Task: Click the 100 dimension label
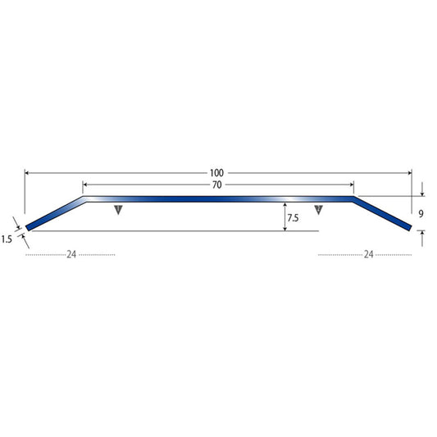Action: [x=216, y=173]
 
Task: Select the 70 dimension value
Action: [x=216, y=184]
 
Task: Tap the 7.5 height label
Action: [x=293, y=218]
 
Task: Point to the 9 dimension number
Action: [x=421, y=214]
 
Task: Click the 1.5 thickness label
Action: [x=7, y=239]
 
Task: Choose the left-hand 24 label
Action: [x=71, y=254]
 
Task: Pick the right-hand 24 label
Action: [x=368, y=254]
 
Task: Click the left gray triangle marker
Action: [x=118, y=210]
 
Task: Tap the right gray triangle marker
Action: [x=319, y=210]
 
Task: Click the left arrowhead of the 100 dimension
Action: [x=27, y=173]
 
